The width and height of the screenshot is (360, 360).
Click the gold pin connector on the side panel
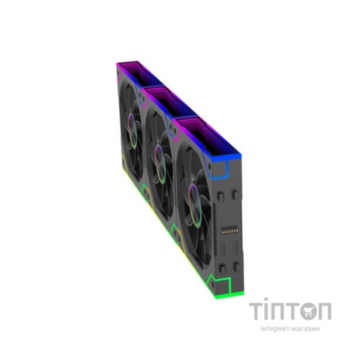pos(230,231)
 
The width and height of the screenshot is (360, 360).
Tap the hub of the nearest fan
pos(195,205)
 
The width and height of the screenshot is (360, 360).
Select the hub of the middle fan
pos(161,164)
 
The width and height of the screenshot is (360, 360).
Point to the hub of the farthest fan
pos(132,131)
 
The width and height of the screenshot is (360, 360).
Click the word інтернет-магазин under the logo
pos(290,328)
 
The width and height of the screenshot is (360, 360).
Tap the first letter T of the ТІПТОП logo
pos(257,311)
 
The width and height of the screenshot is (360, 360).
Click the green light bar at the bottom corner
pos(230,295)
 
